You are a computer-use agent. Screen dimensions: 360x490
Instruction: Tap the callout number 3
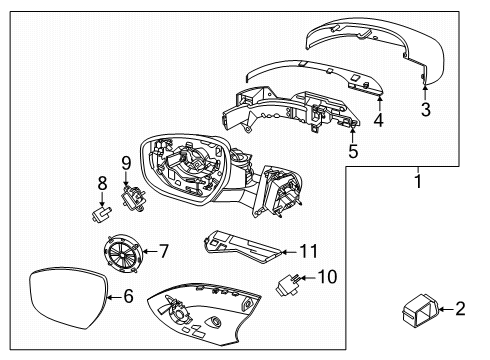[425, 110]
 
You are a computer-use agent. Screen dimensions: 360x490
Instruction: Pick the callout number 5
[352, 152]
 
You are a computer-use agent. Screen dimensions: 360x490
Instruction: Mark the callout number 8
[101, 183]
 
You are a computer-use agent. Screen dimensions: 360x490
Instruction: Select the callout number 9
[126, 161]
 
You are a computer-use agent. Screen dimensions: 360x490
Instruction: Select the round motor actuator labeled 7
[125, 251]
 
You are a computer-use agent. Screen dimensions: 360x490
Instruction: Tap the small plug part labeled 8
[99, 211]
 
